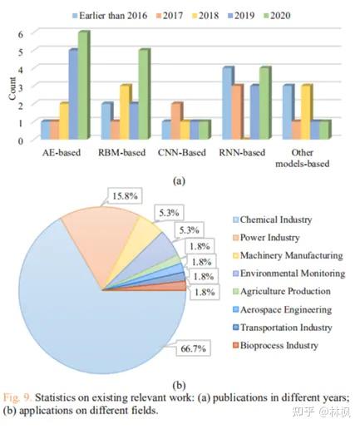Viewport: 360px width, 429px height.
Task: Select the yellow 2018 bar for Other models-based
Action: pyautogui.click(x=306, y=112)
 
